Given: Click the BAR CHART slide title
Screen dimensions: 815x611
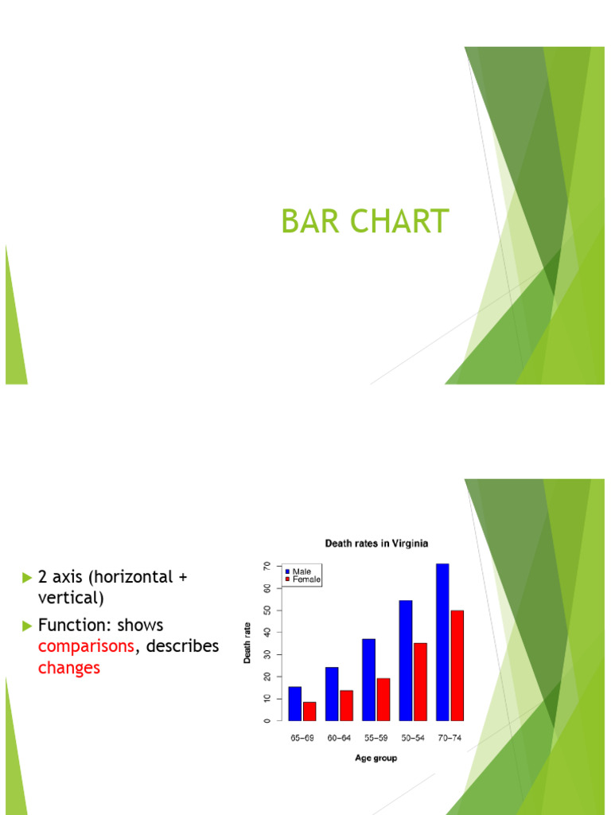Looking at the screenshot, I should click(x=365, y=221).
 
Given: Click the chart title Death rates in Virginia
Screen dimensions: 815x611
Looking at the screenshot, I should click(x=376, y=544).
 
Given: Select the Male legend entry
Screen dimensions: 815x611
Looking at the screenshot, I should click(x=302, y=571).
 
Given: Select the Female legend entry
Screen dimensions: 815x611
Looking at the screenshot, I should click(x=305, y=580).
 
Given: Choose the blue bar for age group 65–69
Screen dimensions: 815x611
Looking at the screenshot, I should click(x=295, y=703).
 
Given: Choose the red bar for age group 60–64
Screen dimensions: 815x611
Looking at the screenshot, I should click(x=346, y=705).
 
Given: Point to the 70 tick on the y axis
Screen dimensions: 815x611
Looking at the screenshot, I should click(x=267, y=566).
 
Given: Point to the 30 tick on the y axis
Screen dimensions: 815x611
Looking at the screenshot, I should click(x=267, y=654).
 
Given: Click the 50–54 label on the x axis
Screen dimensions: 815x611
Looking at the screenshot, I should click(x=412, y=739).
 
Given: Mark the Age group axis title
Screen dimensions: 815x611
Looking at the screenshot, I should click(x=376, y=758).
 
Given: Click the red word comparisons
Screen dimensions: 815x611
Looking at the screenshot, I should click(x=86, y=646).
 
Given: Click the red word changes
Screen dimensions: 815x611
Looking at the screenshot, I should click(x=69, y=668).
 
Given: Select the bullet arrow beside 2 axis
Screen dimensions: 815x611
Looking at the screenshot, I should click(x=28, y=576).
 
